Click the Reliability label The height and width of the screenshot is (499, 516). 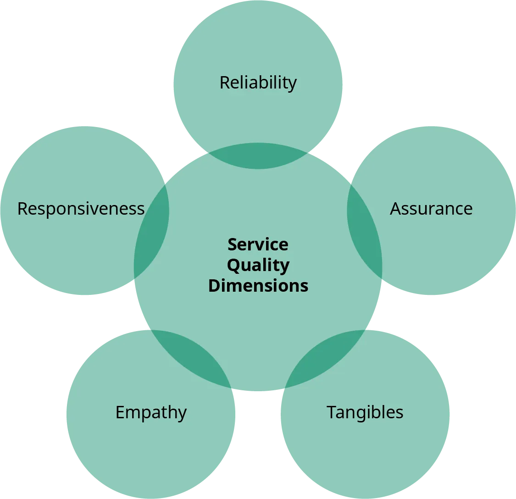[258, 83]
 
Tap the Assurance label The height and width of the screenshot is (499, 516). [431, 209]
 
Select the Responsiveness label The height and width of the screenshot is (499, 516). [81, 209]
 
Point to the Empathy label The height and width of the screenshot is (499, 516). [151, 412]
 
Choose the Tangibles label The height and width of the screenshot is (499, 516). [365, 412]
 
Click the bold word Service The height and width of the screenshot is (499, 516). [258, 244]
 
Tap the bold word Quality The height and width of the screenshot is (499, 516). [258, 265]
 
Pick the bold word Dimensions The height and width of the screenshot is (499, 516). [258, 285]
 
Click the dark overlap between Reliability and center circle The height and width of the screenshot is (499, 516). [258, 156]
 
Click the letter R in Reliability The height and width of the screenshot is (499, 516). [224, 83]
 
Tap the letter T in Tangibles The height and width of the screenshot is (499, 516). [331, 412]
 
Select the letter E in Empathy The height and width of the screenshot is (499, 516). [120, 412]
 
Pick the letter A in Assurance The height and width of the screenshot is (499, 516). [395, 209]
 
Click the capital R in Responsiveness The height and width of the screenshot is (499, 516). [22, 209]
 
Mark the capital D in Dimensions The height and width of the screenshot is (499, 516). [215, 285]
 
